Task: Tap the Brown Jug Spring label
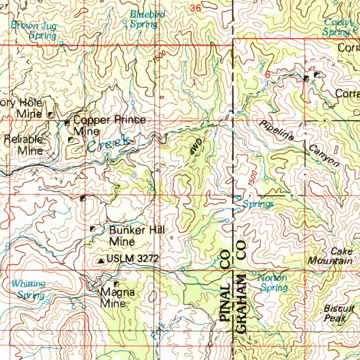click(34, 30)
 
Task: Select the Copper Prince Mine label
click(109, 125)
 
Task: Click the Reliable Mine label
click(24, 145)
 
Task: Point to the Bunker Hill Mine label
click(137, 236)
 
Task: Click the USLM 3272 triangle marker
click(101, 261)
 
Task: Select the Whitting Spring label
click(29, 289)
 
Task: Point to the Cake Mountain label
click(330, 256)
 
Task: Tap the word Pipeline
click(277, 131)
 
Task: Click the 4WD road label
click(196, 147)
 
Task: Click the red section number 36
click(196, 8)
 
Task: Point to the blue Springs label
click(258, 204)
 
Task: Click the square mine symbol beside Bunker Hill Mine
click(93, 229)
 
